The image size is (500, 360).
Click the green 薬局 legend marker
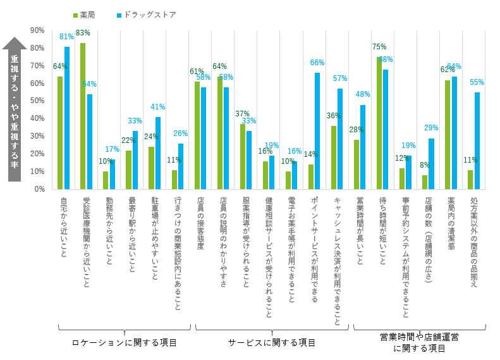point(75,15)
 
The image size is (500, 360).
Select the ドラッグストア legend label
point(150,15)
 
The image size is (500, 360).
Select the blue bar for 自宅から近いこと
point(67,118)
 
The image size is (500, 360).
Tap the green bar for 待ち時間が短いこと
point(379,123)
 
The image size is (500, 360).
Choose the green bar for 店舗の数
point(425,182)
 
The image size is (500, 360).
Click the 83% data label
point(83,33)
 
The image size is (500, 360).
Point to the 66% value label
point(317,63)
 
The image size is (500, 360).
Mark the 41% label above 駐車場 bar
point(158,107)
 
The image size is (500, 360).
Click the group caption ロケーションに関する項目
point(125,342)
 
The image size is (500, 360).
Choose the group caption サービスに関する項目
point(272,342)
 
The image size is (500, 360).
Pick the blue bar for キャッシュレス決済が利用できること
point(340,139)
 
